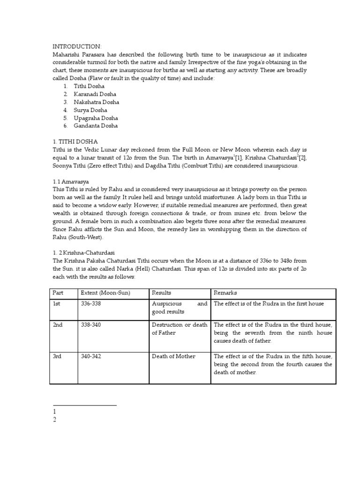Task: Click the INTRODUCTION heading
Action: click(x=77, y=46)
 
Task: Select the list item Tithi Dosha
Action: click(x=89, y=86)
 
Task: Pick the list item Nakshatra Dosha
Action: click(x=96, y=102)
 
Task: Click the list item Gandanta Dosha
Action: click(x=96, y=126)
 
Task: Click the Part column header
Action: click(x=58, y=293)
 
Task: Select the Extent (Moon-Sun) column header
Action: click(x=105, y=293)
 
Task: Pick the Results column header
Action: click(x=162, y=293)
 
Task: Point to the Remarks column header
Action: click(x=226, y=293)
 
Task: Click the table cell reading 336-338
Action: click(x=91, y=304)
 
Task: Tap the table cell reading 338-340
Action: click(x=91, y=325)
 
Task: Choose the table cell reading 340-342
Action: click(x=91, y=356)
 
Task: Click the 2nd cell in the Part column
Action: click(x=58, y=325)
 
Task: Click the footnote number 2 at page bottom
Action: click(x=55, y=420)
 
